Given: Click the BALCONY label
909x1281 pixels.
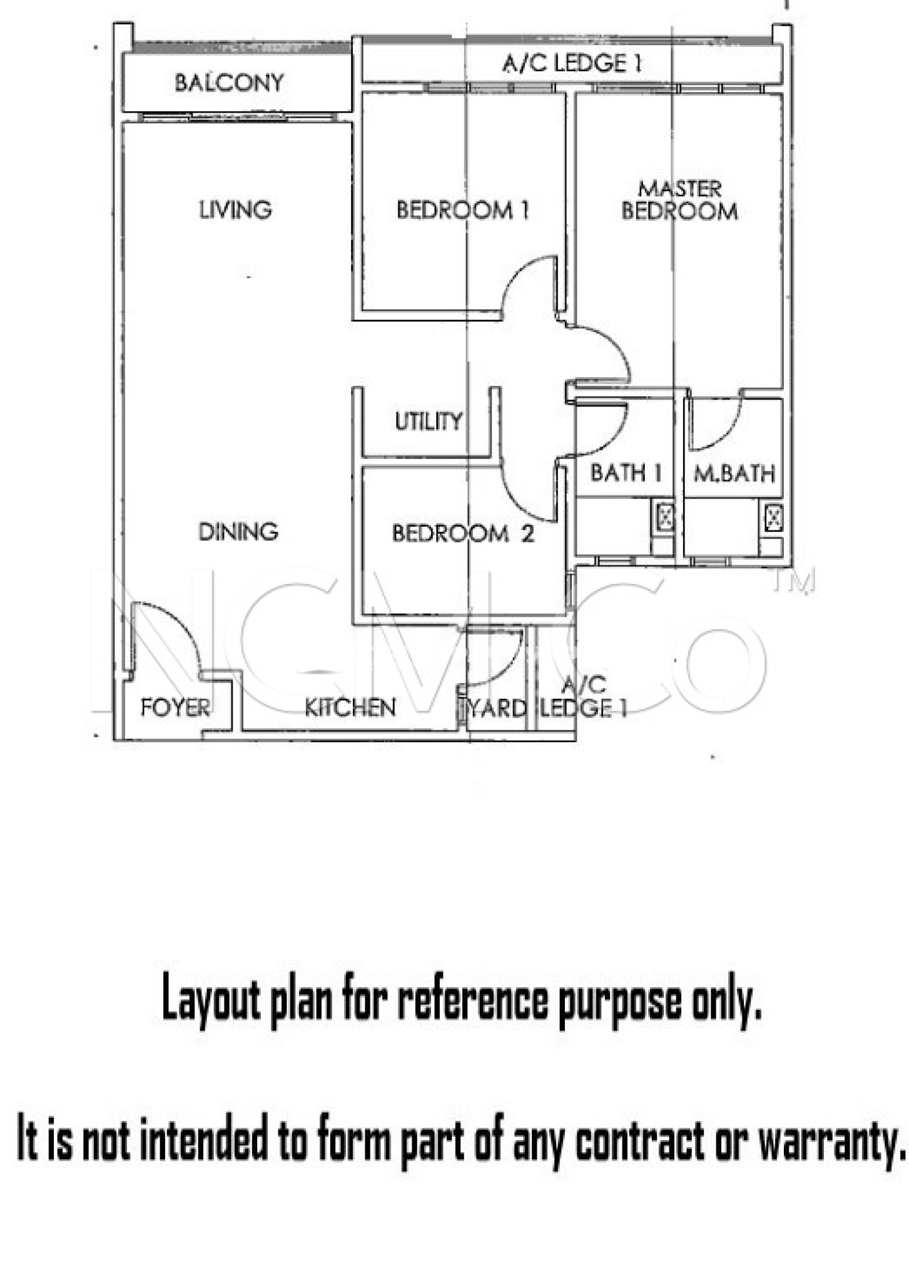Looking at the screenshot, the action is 229,83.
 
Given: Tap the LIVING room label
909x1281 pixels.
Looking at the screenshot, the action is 235,210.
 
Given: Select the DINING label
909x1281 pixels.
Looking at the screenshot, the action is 238,532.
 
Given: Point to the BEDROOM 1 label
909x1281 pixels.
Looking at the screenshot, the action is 463,210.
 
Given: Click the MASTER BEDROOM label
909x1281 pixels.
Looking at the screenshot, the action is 680,200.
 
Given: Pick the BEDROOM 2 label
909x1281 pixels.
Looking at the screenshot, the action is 463,534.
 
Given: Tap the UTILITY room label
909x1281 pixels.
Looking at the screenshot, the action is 429,421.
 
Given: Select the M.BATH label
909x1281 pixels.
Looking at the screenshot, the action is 734,473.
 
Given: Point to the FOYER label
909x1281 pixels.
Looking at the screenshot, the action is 176,707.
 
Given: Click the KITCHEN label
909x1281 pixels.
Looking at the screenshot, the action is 350,707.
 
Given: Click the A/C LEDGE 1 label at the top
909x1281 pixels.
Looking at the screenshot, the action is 572,63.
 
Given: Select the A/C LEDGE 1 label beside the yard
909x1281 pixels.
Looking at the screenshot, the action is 584,696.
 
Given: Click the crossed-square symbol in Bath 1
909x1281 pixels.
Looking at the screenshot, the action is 664,517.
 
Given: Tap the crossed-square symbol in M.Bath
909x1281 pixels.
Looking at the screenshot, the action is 774,517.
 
